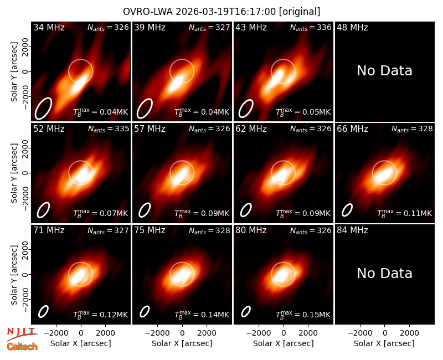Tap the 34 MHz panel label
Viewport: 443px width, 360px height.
(x=49, y=27)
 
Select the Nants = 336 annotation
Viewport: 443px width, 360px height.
(x=311, y=27)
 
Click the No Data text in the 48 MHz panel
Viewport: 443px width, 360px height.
(x=384, y=71)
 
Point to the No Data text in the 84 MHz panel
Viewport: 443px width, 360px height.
(x=384, y=273)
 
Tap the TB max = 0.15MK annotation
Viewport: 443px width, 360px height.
(x=303, y=314)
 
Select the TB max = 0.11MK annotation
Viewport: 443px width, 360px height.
(x=405, y=213)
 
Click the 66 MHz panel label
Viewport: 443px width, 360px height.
(x=352, y=129)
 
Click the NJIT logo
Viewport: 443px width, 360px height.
(x=22, y=333)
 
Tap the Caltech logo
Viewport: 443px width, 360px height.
(x=22, y=347)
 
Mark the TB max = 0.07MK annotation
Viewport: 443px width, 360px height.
(x=101, y=213)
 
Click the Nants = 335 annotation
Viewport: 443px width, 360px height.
(x=108, y=129)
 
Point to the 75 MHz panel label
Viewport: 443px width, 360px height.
(x=150, y=230)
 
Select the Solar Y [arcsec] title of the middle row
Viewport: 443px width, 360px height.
(x=14, y=173)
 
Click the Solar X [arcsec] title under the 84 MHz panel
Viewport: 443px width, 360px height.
(x=384, y=343)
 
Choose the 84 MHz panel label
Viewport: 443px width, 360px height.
(x=352, y=230)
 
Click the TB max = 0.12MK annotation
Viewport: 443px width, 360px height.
(x=101, y=314)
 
